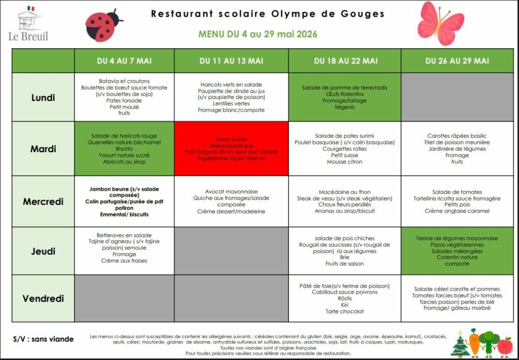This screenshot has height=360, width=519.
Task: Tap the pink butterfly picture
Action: (x=440, y=23)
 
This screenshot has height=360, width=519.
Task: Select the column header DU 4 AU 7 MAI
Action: (x=124, y=61)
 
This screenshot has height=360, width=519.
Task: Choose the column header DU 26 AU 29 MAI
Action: (x=457, y=61)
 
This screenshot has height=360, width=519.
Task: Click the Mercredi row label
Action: (x=43, y=202)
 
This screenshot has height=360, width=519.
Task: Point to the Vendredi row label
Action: (x=43, y=299)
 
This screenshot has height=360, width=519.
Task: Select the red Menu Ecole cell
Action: (x=231, y=149)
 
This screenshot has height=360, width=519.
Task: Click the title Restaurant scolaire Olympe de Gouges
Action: (x=268, y=14)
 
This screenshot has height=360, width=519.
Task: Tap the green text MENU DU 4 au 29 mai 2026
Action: (x=258, y=34)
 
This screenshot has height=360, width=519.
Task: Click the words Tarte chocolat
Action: (x=345, y=311)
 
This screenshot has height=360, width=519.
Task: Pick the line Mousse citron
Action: (x=345, y=162)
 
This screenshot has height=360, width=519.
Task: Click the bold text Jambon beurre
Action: (x=108, y=189)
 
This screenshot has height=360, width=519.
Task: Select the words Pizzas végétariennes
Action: (x=457, y=244)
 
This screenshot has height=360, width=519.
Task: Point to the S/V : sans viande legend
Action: (x=43, y=339)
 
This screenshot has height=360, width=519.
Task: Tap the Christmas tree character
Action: (x=460, y=345)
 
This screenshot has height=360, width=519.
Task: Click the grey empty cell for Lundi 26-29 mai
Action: (x=457, y=97)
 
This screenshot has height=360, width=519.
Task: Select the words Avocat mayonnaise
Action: (x=231, y=192)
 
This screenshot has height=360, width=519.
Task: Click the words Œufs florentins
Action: (x=345, y=94)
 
